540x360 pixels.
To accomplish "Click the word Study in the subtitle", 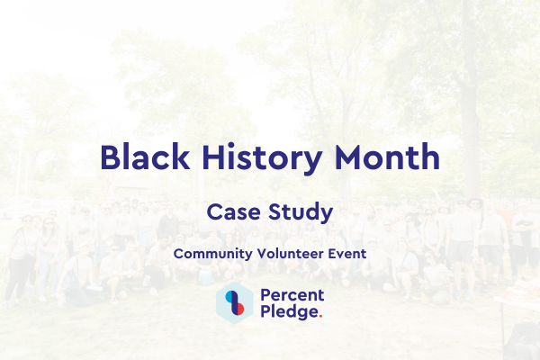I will tap(302, 214).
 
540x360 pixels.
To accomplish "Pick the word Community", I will tap(209, 254).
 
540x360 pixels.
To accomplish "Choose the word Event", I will tap(346, 254).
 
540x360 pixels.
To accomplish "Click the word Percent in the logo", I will tap(292, 296).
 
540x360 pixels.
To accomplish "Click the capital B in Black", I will tap(112, 157).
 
